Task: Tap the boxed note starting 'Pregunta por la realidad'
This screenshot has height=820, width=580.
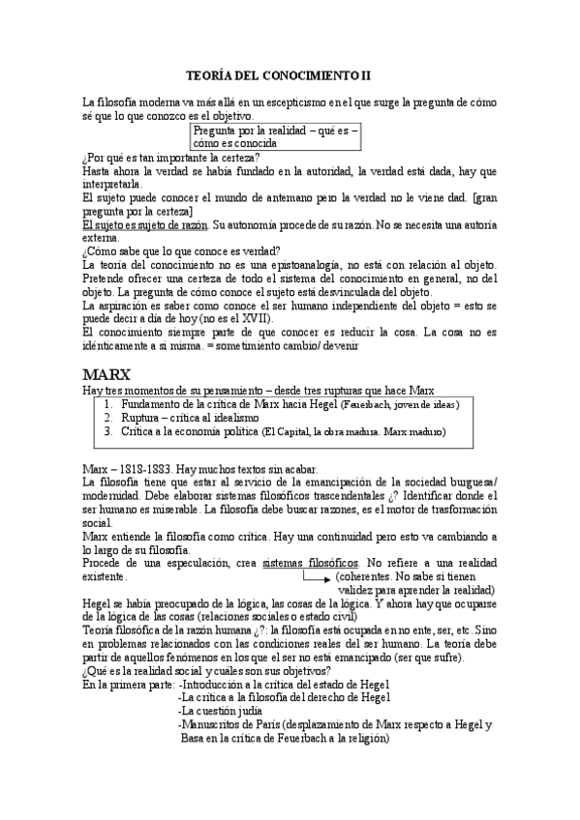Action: [x=275, y=135]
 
